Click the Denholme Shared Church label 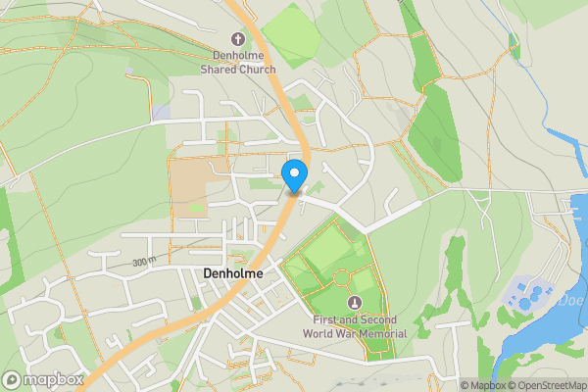(238, 62)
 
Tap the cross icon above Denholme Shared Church (238, 39)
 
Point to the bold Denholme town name (233, 274)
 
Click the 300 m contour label (145, 263)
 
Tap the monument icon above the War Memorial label (354, 303)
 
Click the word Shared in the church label (223, 70)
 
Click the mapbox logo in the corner (42, 379)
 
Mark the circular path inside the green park (340, 278)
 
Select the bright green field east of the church (290, 36)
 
